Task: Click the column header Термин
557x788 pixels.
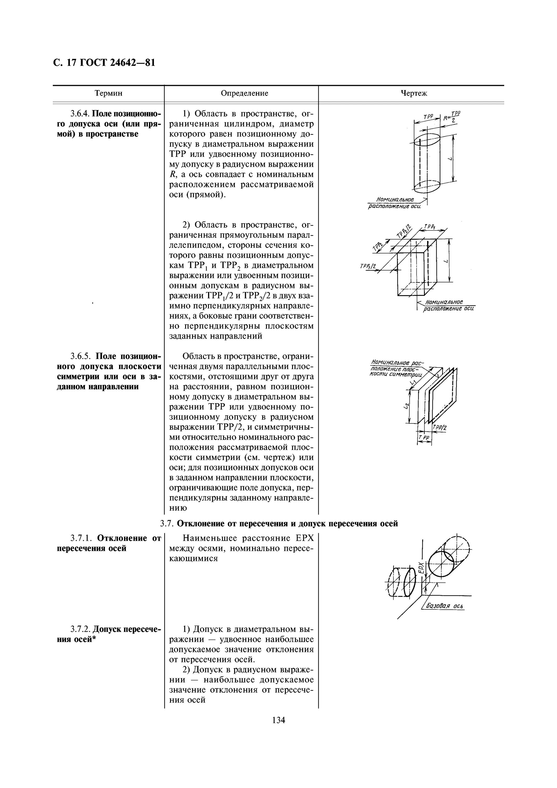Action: tap(109, 93)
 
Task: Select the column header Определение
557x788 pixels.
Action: tap(244, 93)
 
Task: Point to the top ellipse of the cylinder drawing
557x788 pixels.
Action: tap(427, 140)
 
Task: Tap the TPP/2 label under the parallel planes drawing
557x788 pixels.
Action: tap(440, 428)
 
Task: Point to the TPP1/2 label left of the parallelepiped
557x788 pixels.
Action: tap(368, 267)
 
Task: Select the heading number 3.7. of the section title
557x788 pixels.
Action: tap(167, 524)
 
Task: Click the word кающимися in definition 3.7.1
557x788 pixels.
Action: tap(194, 558)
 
